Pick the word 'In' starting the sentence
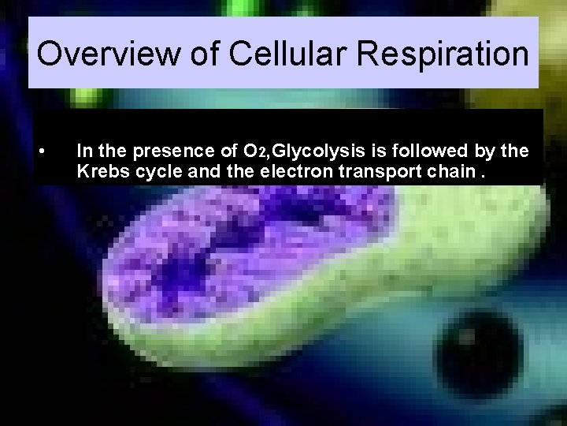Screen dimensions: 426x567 point(84,150)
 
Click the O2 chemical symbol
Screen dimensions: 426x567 point(252,150)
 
